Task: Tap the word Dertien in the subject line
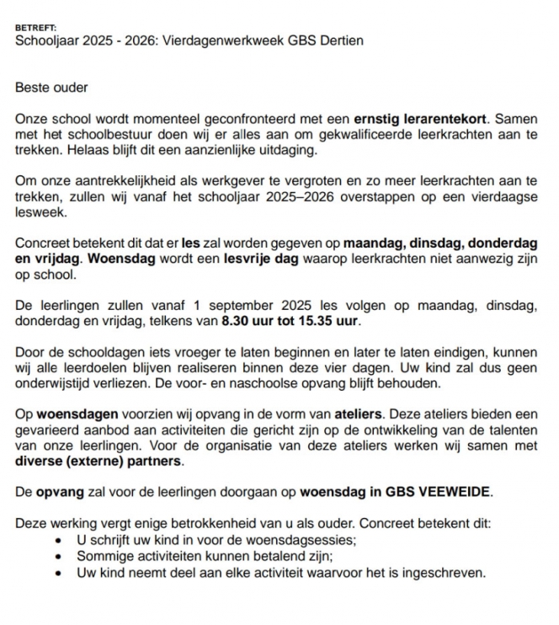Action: pyautogui.click(x=343, y=40)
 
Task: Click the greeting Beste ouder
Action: pyautogui.click(x=51, y=87)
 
